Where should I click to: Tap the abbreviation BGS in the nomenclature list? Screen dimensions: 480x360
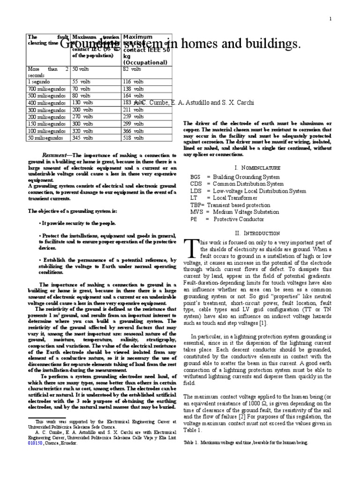195,177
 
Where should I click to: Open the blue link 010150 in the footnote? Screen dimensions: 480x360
35,442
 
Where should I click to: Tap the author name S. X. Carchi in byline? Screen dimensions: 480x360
239,103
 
